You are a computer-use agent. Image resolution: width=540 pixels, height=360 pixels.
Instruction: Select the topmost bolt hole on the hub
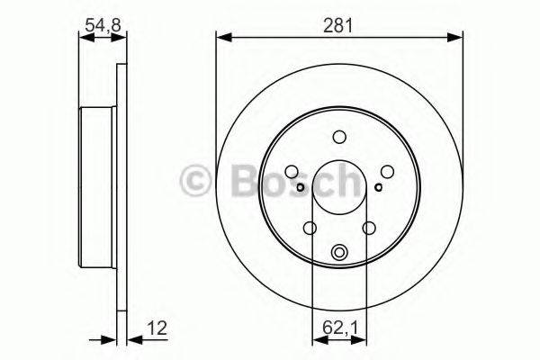[x=339, y=137]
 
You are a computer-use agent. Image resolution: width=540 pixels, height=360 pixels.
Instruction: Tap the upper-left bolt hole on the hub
[x=292, y=171]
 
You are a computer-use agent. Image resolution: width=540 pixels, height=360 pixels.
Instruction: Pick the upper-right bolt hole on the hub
[x=387, y=171]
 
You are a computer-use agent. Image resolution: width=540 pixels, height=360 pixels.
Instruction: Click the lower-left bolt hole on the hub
[x=310, y=229]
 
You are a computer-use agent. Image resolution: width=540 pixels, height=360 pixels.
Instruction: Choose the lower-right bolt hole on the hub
[x=369, y=229]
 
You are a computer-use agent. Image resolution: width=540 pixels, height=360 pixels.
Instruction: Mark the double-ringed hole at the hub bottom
[x=339, y=254]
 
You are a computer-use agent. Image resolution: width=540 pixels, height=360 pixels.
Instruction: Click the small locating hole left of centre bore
[x=301, y=187]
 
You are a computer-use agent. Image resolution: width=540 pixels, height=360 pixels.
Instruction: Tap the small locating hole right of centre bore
[x=379, y=187]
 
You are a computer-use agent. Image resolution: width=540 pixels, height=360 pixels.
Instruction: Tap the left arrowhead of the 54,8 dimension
[x=84, y=37]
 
